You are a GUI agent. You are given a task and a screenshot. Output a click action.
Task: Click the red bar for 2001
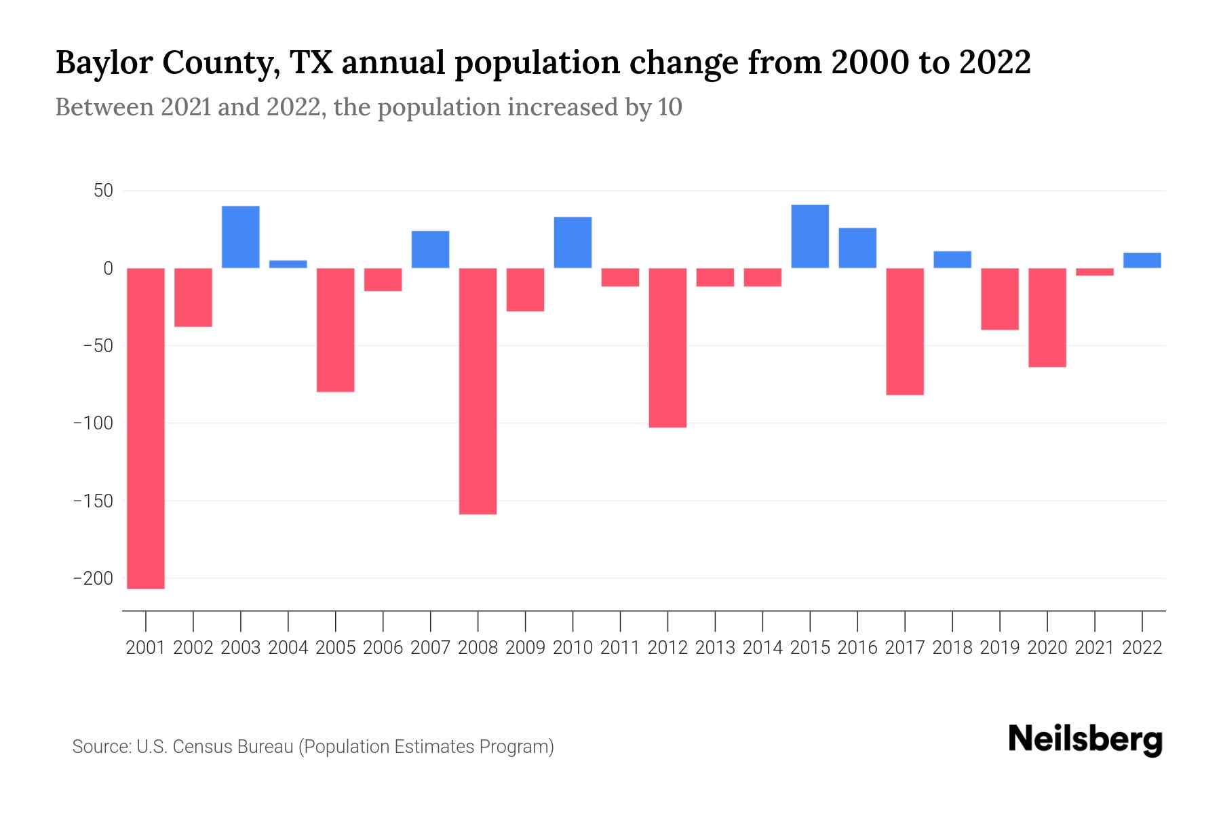click(x=146, y=427)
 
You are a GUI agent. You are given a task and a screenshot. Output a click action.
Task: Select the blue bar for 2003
click(x=241, y=237)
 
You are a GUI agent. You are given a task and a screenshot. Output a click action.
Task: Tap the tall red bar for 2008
click(x=478, y=391)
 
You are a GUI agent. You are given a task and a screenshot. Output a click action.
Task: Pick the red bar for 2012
click(x=667, y=347)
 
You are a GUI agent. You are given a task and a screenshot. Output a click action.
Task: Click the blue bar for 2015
click(x=810, y=236)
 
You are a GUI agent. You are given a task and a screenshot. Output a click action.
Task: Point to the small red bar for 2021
click(x=1095, y=272)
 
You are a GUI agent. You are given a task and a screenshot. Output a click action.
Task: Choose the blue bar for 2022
click(x=1142, y=260)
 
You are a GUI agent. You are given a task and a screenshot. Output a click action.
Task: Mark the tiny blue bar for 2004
click(x=288, y=265)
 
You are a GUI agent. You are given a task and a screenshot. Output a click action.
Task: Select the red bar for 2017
click(x=905, y=331)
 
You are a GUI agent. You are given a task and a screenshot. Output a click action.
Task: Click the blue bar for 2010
click(x=573, y=242)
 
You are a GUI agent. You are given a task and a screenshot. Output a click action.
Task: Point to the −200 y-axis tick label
click(x=93, y=579)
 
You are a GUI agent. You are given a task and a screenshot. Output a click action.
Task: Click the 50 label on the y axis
click(x=103, y=191)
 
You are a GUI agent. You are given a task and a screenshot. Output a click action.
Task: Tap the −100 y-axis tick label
click(x=93, y=423)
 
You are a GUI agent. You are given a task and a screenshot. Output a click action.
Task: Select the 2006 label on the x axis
click(x=383, y=648)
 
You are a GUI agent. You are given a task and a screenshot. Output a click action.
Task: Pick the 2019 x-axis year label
click(x=1000, y=648)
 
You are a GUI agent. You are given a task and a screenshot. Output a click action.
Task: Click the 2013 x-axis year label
click(x=715, y=648)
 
